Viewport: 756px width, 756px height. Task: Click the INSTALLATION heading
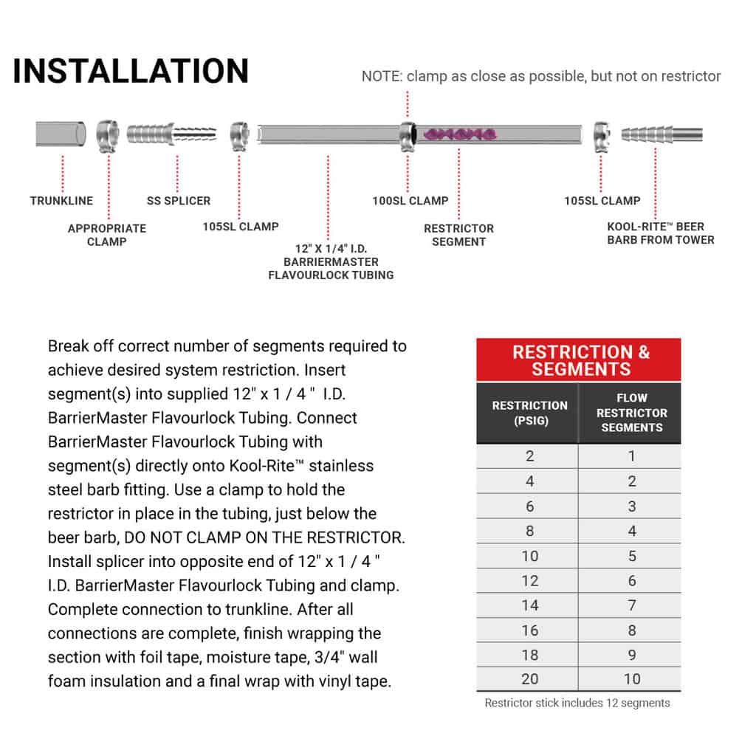tap(131, 71)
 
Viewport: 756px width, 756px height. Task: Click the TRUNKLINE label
tap(61, 201)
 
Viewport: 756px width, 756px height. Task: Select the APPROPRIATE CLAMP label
tap(107, 235)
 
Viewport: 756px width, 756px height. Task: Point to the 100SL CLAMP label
tap(410, 201)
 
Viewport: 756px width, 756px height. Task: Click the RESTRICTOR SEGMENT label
tap(458, 235)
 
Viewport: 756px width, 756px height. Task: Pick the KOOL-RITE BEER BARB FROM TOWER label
tap(660, 233)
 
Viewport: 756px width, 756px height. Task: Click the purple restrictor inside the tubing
tap(459, 134)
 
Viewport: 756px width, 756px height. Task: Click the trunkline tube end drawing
tap(61, 134)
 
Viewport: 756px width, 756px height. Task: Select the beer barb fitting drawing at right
tap(661, 134)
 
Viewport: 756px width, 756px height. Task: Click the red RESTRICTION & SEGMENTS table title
tap(580, 360)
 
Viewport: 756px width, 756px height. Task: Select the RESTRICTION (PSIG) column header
tap(529, 413)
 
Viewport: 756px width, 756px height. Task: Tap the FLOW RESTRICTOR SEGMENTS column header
tap(631, 413)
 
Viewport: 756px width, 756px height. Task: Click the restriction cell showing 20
tap(529, 679)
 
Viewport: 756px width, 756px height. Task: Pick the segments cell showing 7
tap(631, 605)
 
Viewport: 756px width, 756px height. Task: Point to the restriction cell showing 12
tap(529, 580)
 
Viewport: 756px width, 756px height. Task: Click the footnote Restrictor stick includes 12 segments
tap(577, 703)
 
